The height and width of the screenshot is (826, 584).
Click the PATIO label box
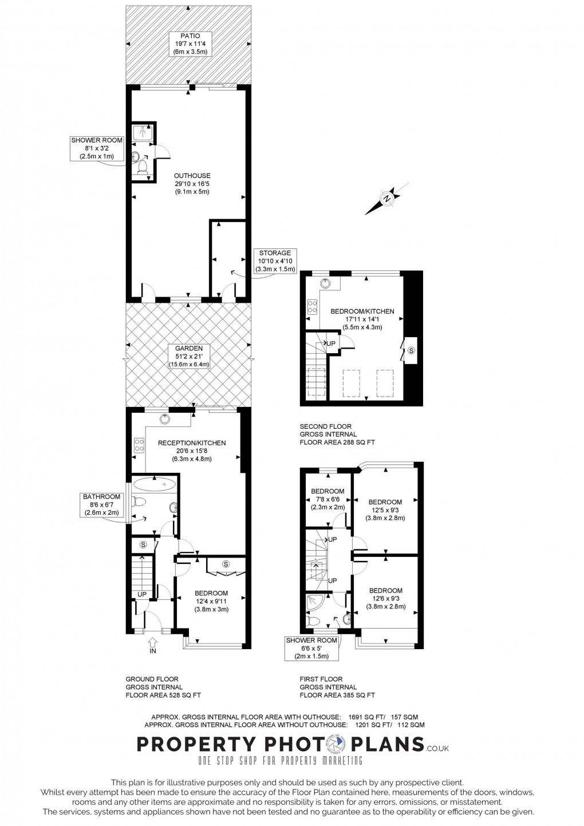pos(190,44)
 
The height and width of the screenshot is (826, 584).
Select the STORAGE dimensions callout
pos(275,261)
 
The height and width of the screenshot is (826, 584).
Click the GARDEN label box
pos(189,356)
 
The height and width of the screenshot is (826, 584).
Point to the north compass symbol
pos(386,199)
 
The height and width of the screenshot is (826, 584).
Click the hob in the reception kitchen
pos(139,445)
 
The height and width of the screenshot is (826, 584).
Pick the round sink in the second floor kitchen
pos(325,283)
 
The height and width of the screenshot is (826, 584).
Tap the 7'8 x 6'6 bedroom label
pos(327,499)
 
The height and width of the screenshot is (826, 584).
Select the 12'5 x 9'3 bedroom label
pos(385,509)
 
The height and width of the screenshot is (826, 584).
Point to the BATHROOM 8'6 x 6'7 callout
pos(101,504)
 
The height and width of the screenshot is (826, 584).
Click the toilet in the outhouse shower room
pos(142,168)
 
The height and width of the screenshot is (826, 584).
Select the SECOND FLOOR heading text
pos(325,426)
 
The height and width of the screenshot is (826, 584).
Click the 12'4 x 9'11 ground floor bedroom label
pos(211,601)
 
